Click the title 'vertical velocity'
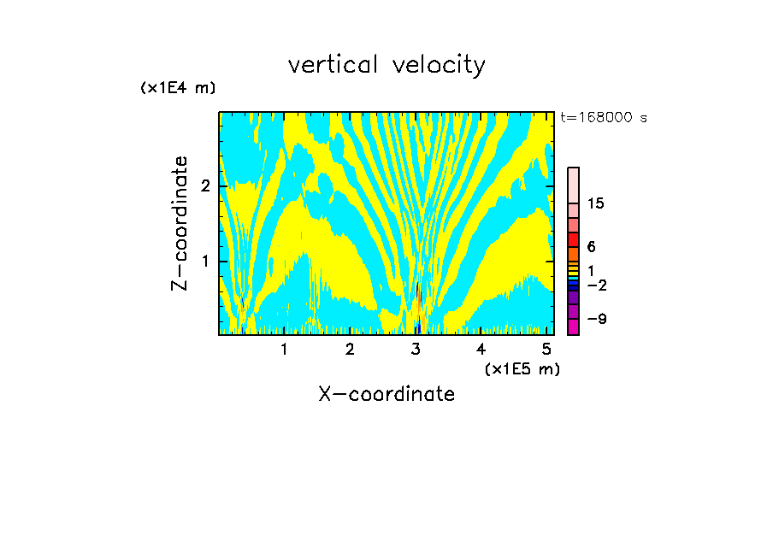coord(386,65)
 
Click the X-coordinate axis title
coord(386,394)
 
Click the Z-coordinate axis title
coord(180,223)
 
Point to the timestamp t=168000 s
coord(603,117)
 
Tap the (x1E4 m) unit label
coord(178,88)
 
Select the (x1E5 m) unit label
coord(522,368)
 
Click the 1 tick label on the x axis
coord(284,349)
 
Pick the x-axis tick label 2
coord(350,349)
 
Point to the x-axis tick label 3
coord(416,349)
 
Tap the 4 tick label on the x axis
coord(481,349)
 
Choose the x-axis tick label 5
coord(546,349)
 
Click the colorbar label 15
coord(596,203)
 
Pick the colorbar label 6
coord(591,247)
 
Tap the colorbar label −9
coord(596,319)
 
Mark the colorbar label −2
coord(596,285)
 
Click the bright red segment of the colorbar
coord(573,239)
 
